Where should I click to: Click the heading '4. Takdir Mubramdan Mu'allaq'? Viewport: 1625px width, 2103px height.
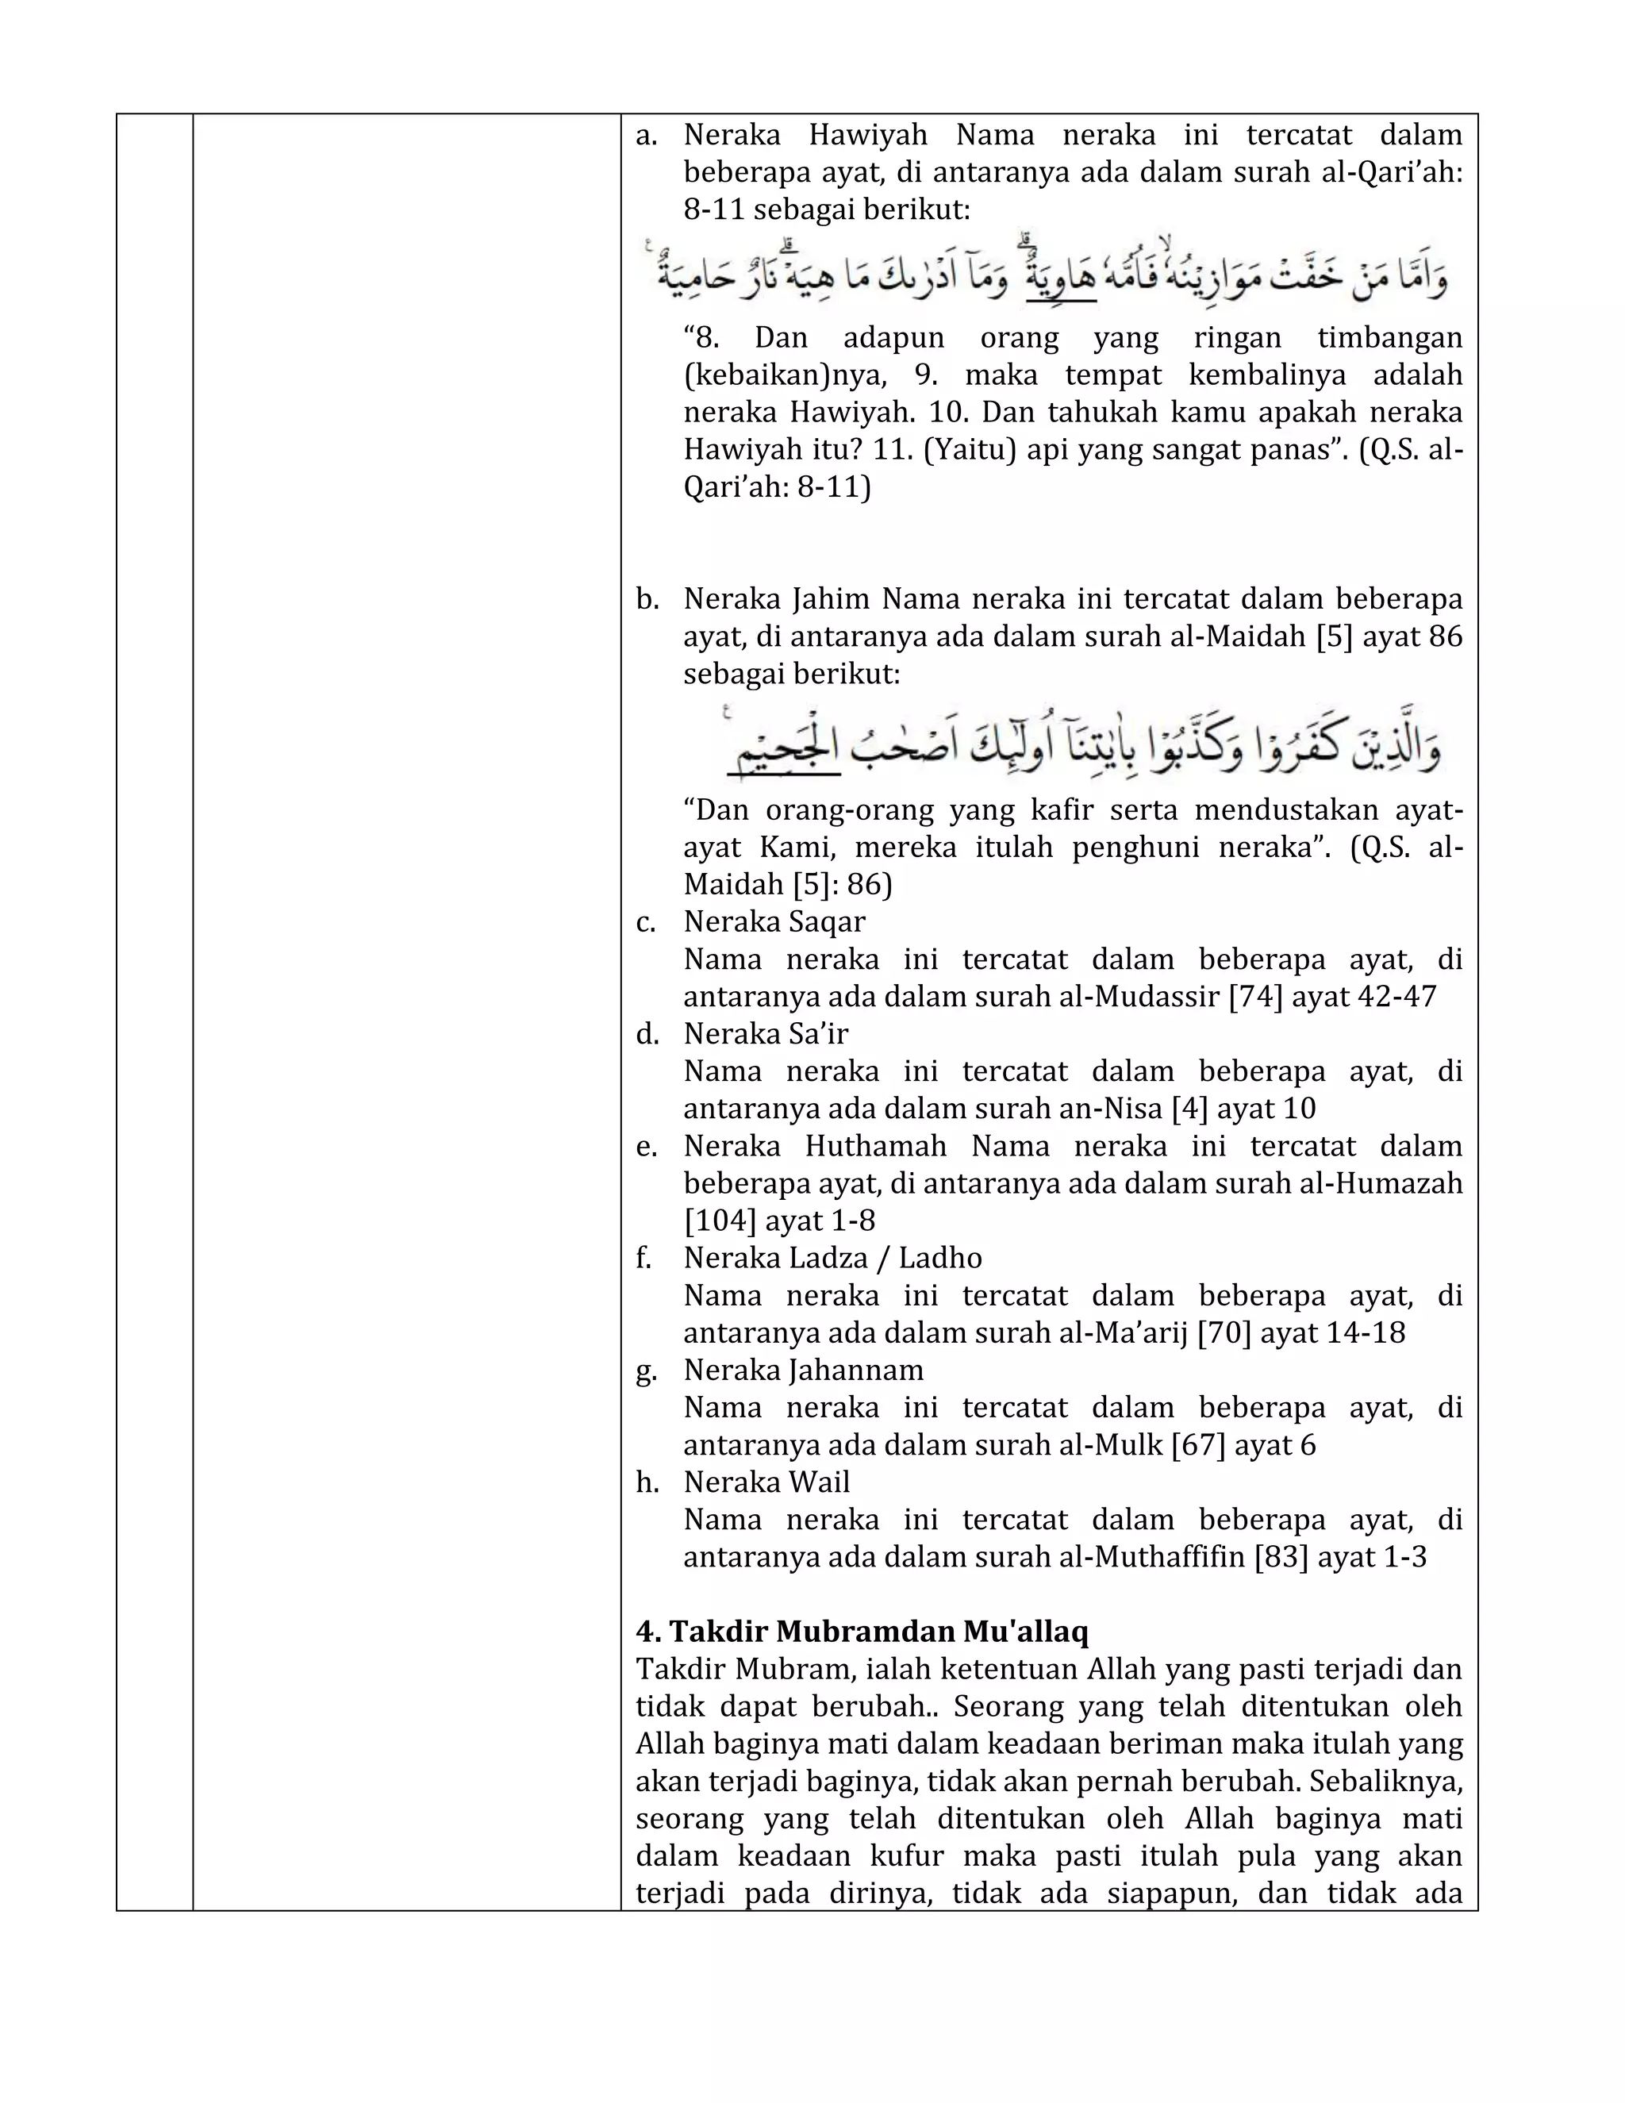[862, 1631]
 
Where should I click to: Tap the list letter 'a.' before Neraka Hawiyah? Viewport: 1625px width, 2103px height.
[647, 135]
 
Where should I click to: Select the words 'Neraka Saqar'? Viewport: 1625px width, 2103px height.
[774, 921]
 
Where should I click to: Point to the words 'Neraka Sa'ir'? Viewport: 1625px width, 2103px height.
[766, 1033]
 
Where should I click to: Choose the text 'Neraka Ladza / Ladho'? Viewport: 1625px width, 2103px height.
[832, 1258]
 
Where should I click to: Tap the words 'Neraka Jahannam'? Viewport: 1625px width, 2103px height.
[803, 1369]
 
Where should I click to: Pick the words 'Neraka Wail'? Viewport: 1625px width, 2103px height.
[766, 1481]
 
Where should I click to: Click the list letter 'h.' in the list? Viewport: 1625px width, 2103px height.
[647, 1482]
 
